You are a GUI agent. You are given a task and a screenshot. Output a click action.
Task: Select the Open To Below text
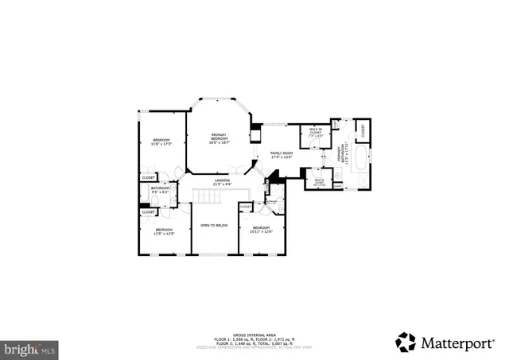point(214,226)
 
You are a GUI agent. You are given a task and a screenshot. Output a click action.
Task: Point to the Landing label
point(222,182)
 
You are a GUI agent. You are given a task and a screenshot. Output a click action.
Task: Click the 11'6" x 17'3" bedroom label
point(162,142)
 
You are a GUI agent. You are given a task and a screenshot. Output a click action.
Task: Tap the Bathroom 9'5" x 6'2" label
point(161,191)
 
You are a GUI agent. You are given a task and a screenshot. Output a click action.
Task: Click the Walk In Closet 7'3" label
point(315,134)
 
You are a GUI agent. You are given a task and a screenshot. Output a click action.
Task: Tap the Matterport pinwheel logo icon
point(406,342)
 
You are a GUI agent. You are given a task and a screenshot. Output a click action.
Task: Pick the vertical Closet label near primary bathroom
point(360,128)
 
